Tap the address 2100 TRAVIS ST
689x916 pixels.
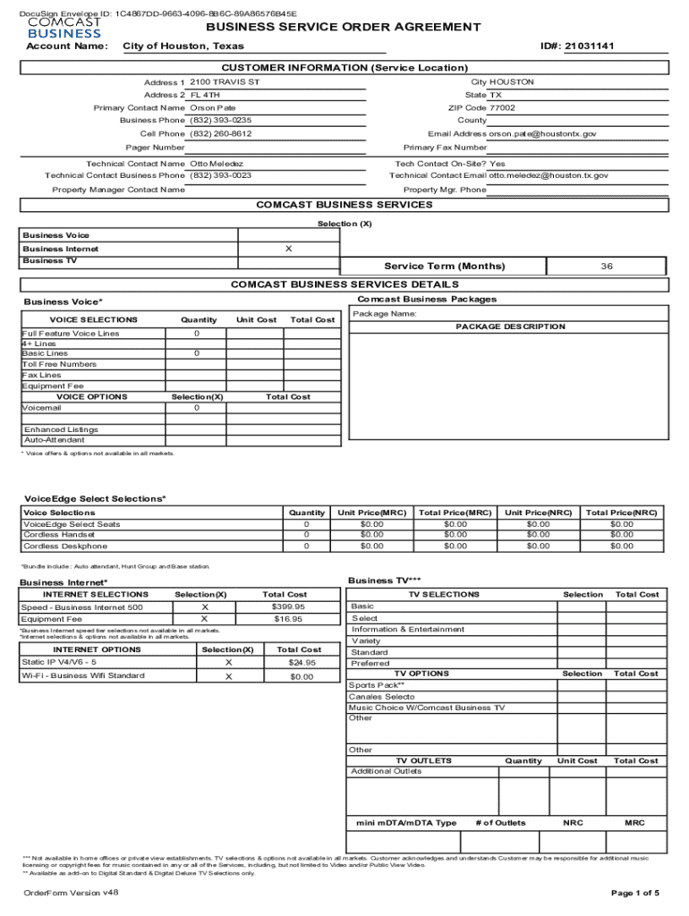pos(225,82)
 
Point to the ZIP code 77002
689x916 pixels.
pos(502,107)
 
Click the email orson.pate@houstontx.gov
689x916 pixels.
pos(542,133)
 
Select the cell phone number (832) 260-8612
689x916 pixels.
pos(221,133)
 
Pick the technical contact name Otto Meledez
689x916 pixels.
pos(217,164)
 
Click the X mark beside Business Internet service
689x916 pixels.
pos(288,249)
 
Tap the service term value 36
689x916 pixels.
pos(607,267)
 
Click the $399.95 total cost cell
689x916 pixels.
pos(288,606)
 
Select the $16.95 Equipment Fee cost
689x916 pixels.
pos(288,618)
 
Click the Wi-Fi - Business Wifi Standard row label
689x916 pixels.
pos(83,675)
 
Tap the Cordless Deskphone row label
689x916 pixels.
pos(65,546)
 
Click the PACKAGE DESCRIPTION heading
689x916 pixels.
pos(510,327)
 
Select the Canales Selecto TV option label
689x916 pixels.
pos(382,696)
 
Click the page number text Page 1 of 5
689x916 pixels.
pos(634,893)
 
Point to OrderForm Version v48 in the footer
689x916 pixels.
pos(71,893)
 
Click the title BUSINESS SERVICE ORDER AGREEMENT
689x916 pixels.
pos(344,27)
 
